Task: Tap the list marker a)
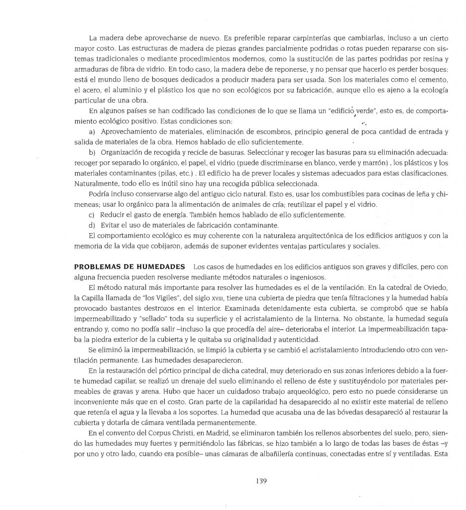click(x=92, y=131)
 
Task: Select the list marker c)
click(x=92, y=214)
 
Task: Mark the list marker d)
click(x=92, y=225)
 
